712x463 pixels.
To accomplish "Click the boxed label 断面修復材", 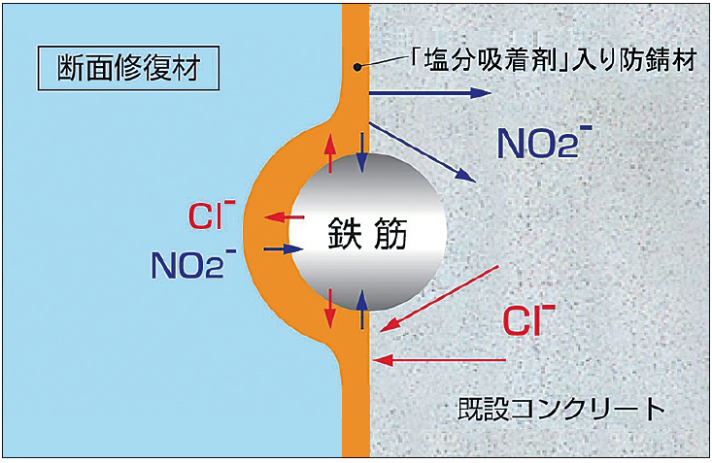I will click(122, 67).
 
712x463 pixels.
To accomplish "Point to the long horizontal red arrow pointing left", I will click(442, 361).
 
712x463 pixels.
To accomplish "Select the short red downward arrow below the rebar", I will click(331, 308).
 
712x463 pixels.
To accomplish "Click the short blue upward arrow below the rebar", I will click(363, 310).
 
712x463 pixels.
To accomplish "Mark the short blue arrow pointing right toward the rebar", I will click(278, 249).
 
